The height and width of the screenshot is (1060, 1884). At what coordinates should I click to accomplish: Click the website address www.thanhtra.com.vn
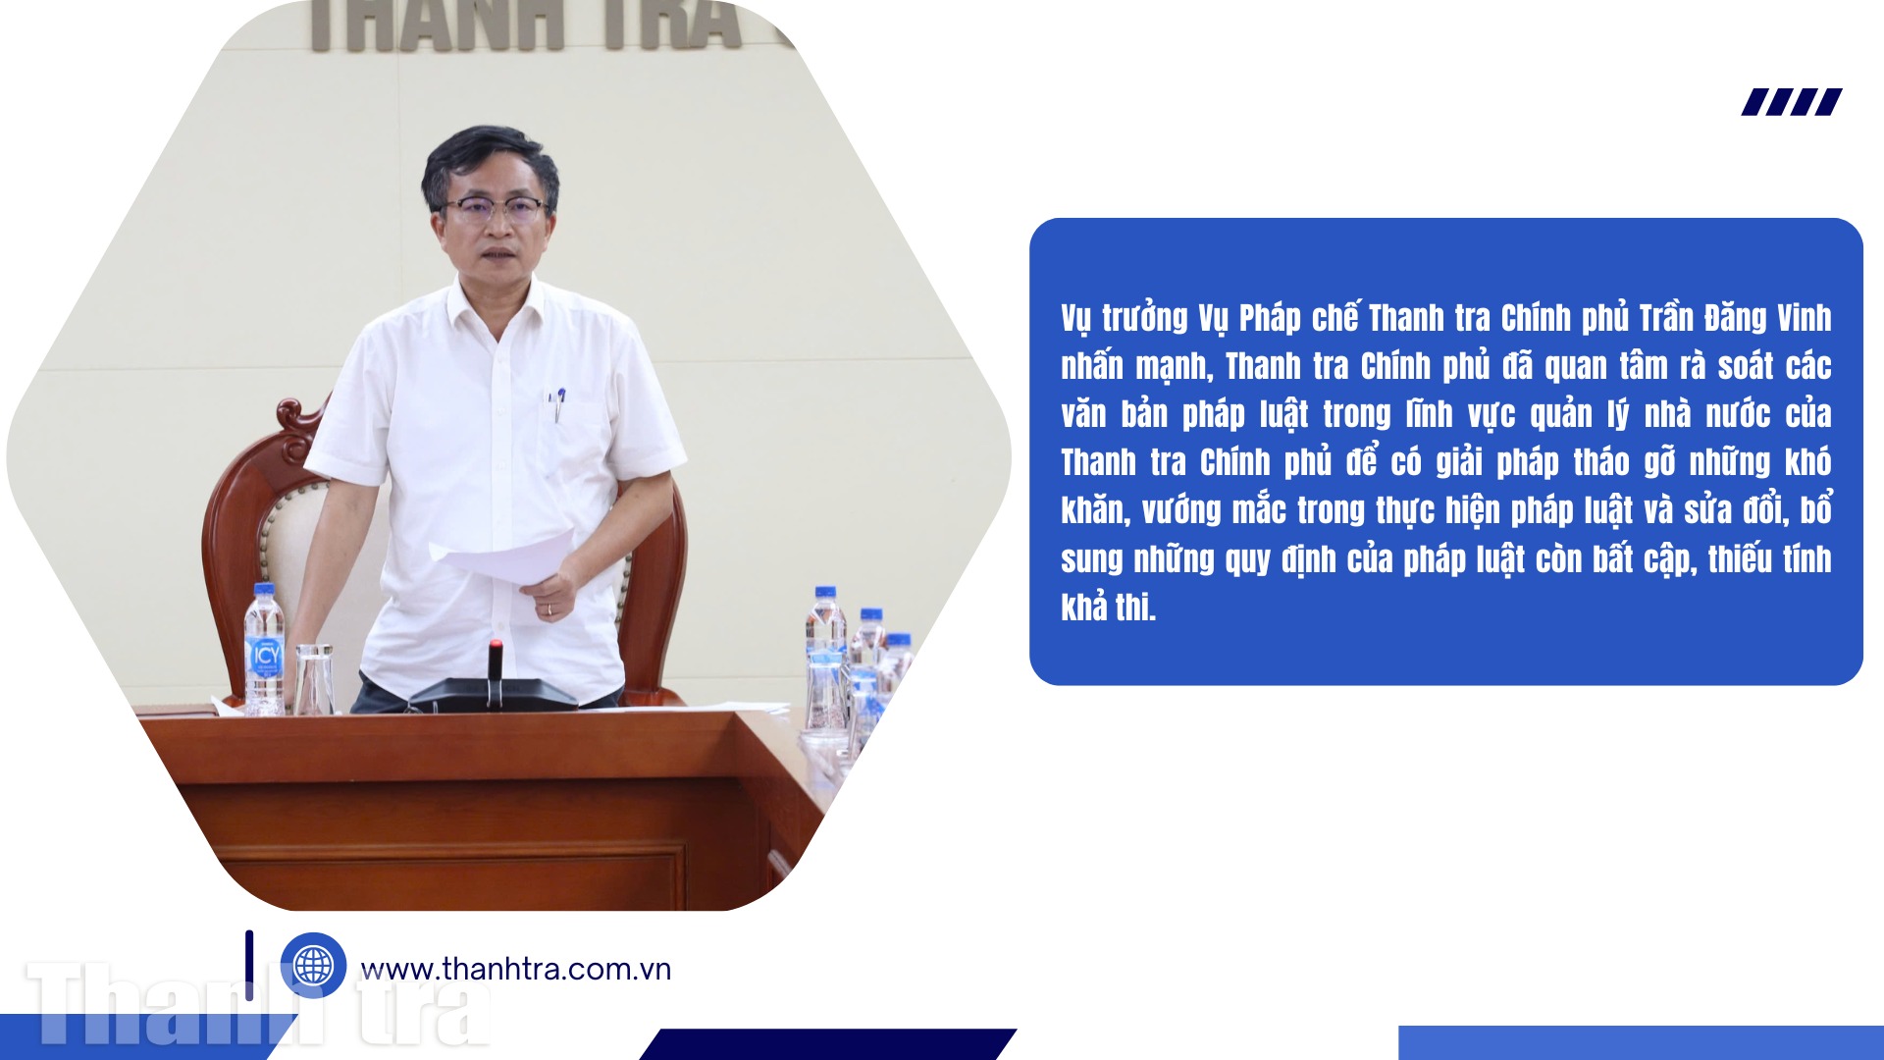(x=516, y=970)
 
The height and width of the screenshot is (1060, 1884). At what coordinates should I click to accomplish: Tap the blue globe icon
(x=313, y=965)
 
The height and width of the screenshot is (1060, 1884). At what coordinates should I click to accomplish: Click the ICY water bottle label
(x=265, y=656)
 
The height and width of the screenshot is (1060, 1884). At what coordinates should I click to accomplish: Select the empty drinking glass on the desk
(x=313, y=678)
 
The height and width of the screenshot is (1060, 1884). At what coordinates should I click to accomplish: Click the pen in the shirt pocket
(x=558, y=403)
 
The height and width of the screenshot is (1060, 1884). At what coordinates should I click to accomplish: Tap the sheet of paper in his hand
(x=502, y=556)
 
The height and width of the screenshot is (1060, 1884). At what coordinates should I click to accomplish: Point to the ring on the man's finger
(x=549, y=609)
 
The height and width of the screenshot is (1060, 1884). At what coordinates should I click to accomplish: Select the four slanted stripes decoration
(x=1792, y=102)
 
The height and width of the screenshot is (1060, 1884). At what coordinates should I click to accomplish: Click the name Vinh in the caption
(x=1804, y=318)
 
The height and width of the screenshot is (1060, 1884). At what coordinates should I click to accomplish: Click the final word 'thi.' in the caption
(x=1135, y=608)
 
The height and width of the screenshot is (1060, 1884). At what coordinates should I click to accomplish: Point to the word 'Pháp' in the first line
(x=1269, y=318)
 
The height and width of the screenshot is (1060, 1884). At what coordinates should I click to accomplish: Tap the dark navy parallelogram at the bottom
(x=828, y=1044)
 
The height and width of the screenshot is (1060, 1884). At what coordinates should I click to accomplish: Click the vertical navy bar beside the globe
(x=249, y=966)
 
